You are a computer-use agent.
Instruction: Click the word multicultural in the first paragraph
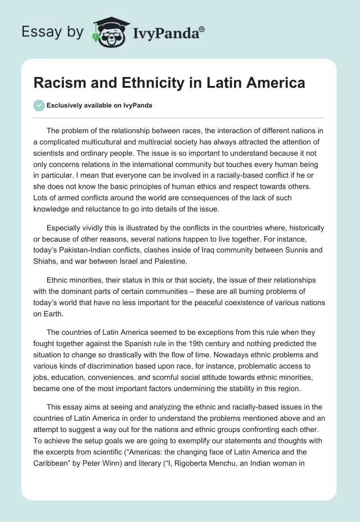coord(117,142)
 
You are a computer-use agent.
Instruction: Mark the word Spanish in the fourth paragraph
coord(138,343)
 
